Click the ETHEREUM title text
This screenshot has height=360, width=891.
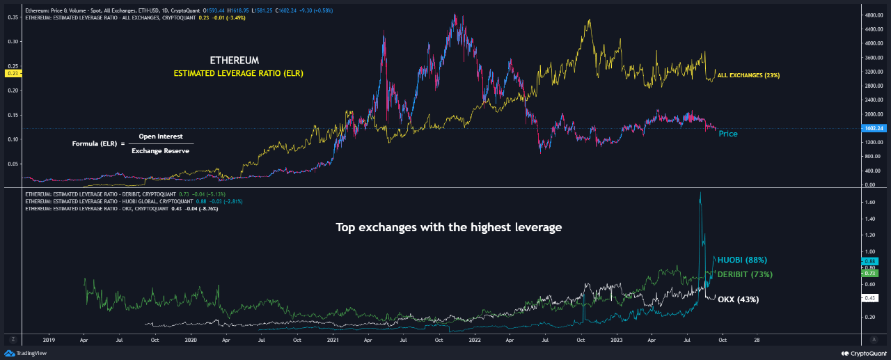click(x=235, y=61)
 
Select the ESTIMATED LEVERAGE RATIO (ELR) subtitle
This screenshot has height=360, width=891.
click(x=239, y=72)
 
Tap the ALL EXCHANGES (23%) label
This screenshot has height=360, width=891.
click(x=749, y=75)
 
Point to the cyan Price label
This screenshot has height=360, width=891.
click(x=728, y=133)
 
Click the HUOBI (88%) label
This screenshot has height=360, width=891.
click(x=743, y=260)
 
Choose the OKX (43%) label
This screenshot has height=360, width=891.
click(x=739, y=299)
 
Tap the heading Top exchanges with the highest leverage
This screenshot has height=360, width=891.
click(x=448, y=228)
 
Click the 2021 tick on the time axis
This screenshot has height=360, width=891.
click(x=333, y=340)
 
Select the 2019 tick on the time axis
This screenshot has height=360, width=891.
click(x=49, y=340)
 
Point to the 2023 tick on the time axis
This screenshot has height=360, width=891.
click(x=617, y=340)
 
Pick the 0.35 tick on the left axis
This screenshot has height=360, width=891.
click(x=13, y=17)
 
